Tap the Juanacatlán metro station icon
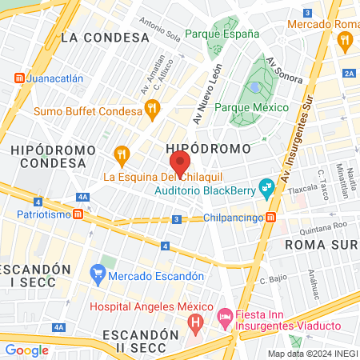pos(18,79)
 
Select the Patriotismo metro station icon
pos(78,214)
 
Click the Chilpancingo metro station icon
pos(272,218)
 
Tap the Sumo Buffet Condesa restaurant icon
pos(153,108)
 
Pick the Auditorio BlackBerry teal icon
pos(266,191)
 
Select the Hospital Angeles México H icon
pos(194,322)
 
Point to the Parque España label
pos(222,34)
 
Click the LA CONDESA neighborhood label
pos(105,37)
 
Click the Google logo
pos(26,350)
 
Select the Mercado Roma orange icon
pos(346,43)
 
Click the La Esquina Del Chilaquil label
pos(161,176)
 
